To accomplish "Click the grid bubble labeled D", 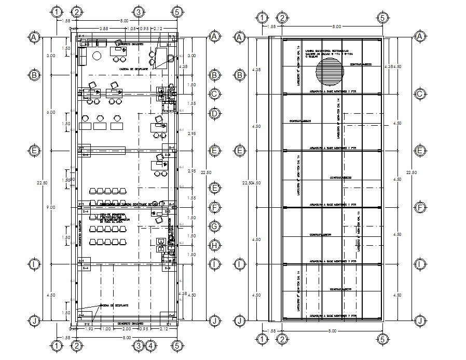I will coord(214,113).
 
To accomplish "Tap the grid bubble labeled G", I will coord(214,226).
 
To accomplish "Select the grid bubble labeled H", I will coord(214,245).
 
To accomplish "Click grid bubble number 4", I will coord(150,346).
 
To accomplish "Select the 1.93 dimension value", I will coord(89,329).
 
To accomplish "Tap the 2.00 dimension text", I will coord(127,329).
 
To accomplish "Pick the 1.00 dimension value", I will coord(106,329).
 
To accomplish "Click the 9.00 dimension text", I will coord(50,207).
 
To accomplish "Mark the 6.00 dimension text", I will coord(50,112).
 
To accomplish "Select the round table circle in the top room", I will coord(96,56).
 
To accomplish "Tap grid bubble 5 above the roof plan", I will coord(382,18).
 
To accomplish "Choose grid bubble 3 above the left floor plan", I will coord(139,11).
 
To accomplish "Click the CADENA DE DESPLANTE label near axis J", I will coord(114,305).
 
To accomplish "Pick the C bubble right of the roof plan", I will coord(419,94).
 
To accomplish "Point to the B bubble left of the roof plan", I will coord(239,75).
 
